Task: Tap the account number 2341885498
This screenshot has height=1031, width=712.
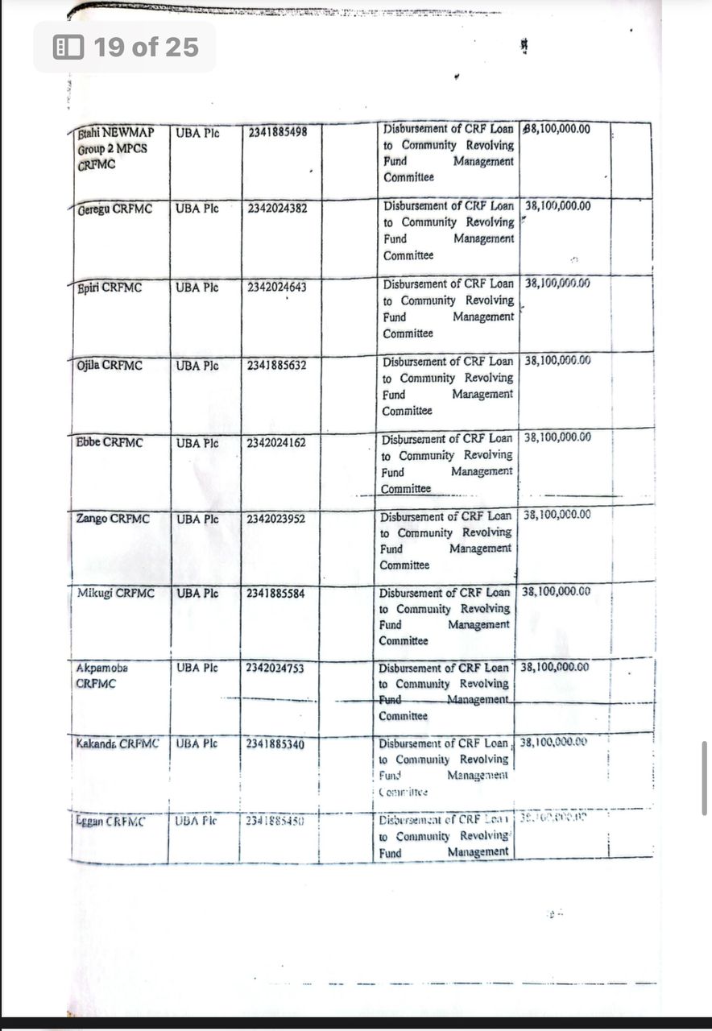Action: coord(278,132)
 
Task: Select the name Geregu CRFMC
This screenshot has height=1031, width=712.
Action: coord(115,209)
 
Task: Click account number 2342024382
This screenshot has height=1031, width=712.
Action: coord(278,209)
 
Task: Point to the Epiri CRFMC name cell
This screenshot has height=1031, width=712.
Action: coord(110,288)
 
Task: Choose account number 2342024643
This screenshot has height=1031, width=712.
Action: coord(278,287)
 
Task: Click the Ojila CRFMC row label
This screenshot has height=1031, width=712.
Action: coord(110,366)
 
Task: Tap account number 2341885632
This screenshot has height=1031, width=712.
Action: coord(278,365)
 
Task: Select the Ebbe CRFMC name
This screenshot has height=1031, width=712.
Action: coord(110,442)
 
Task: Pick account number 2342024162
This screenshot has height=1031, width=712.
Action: coord(277,442)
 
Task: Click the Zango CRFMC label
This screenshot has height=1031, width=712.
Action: coord(114,519)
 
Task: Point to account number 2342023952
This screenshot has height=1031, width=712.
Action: coord(276,519)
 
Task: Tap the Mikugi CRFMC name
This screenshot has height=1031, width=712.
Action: coord(114,594)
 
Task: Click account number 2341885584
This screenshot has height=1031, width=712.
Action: coord(276,594)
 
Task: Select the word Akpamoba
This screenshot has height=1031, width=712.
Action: coord(102,669)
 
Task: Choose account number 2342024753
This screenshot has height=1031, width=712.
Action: coord(275,669)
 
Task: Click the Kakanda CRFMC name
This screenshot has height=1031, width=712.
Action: coord(118,743)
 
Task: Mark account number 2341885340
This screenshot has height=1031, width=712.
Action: coord(275,744)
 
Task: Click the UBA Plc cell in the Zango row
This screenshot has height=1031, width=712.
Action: coord(197,520)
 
